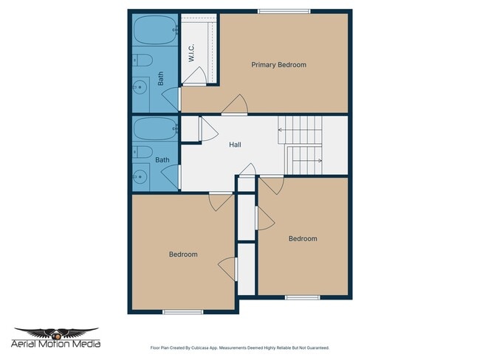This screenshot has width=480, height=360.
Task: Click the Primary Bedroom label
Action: [x=278, y=65]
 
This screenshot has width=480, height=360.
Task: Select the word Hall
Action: [x=235, y=145]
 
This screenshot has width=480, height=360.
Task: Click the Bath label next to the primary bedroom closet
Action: [x=161, y=79]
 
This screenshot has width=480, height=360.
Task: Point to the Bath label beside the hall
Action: [x=162, y=159]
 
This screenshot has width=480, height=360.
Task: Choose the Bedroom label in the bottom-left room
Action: [x=183, y=255]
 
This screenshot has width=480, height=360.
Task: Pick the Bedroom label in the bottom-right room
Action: [x=302, y=238]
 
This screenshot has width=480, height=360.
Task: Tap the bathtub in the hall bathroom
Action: [x=154, y=130]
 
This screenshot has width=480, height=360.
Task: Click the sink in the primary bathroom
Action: [x=139, y=87]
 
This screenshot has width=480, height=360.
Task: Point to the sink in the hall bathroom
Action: [x=139, y=176]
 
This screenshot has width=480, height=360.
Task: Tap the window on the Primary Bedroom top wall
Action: [x=284, y=10]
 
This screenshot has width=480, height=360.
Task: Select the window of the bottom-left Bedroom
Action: [x=182, y=311]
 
